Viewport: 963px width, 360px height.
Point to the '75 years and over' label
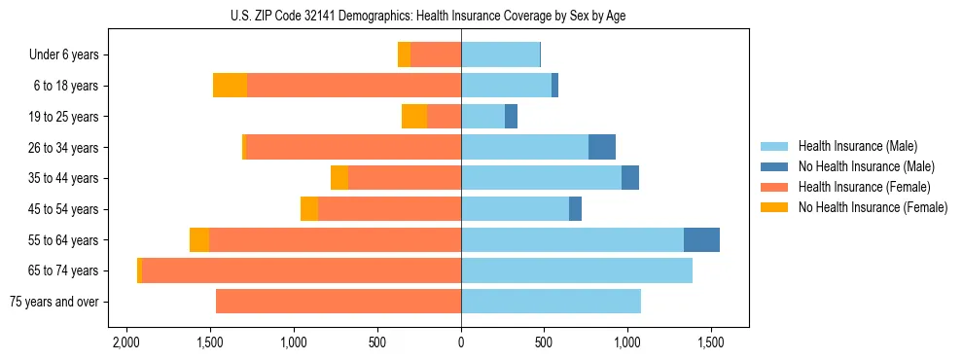53,302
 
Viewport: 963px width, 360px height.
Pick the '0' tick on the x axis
461,343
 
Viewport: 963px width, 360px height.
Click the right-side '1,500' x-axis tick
711,343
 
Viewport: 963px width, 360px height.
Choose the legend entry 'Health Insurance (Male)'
857,146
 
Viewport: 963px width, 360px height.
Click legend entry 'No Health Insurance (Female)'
872,207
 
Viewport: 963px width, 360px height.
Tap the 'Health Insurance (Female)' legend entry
864,187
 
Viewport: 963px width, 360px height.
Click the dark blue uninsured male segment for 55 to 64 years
701,239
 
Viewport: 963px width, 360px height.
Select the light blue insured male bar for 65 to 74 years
577,270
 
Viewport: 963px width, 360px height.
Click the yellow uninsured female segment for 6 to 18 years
230,86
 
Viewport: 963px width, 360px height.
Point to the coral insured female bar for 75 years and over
339,302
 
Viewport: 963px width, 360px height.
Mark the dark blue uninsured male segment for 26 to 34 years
602,147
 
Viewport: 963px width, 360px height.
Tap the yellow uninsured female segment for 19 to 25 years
414,117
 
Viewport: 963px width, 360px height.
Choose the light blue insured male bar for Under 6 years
500,54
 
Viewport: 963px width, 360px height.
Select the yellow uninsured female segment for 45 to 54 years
309,209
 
